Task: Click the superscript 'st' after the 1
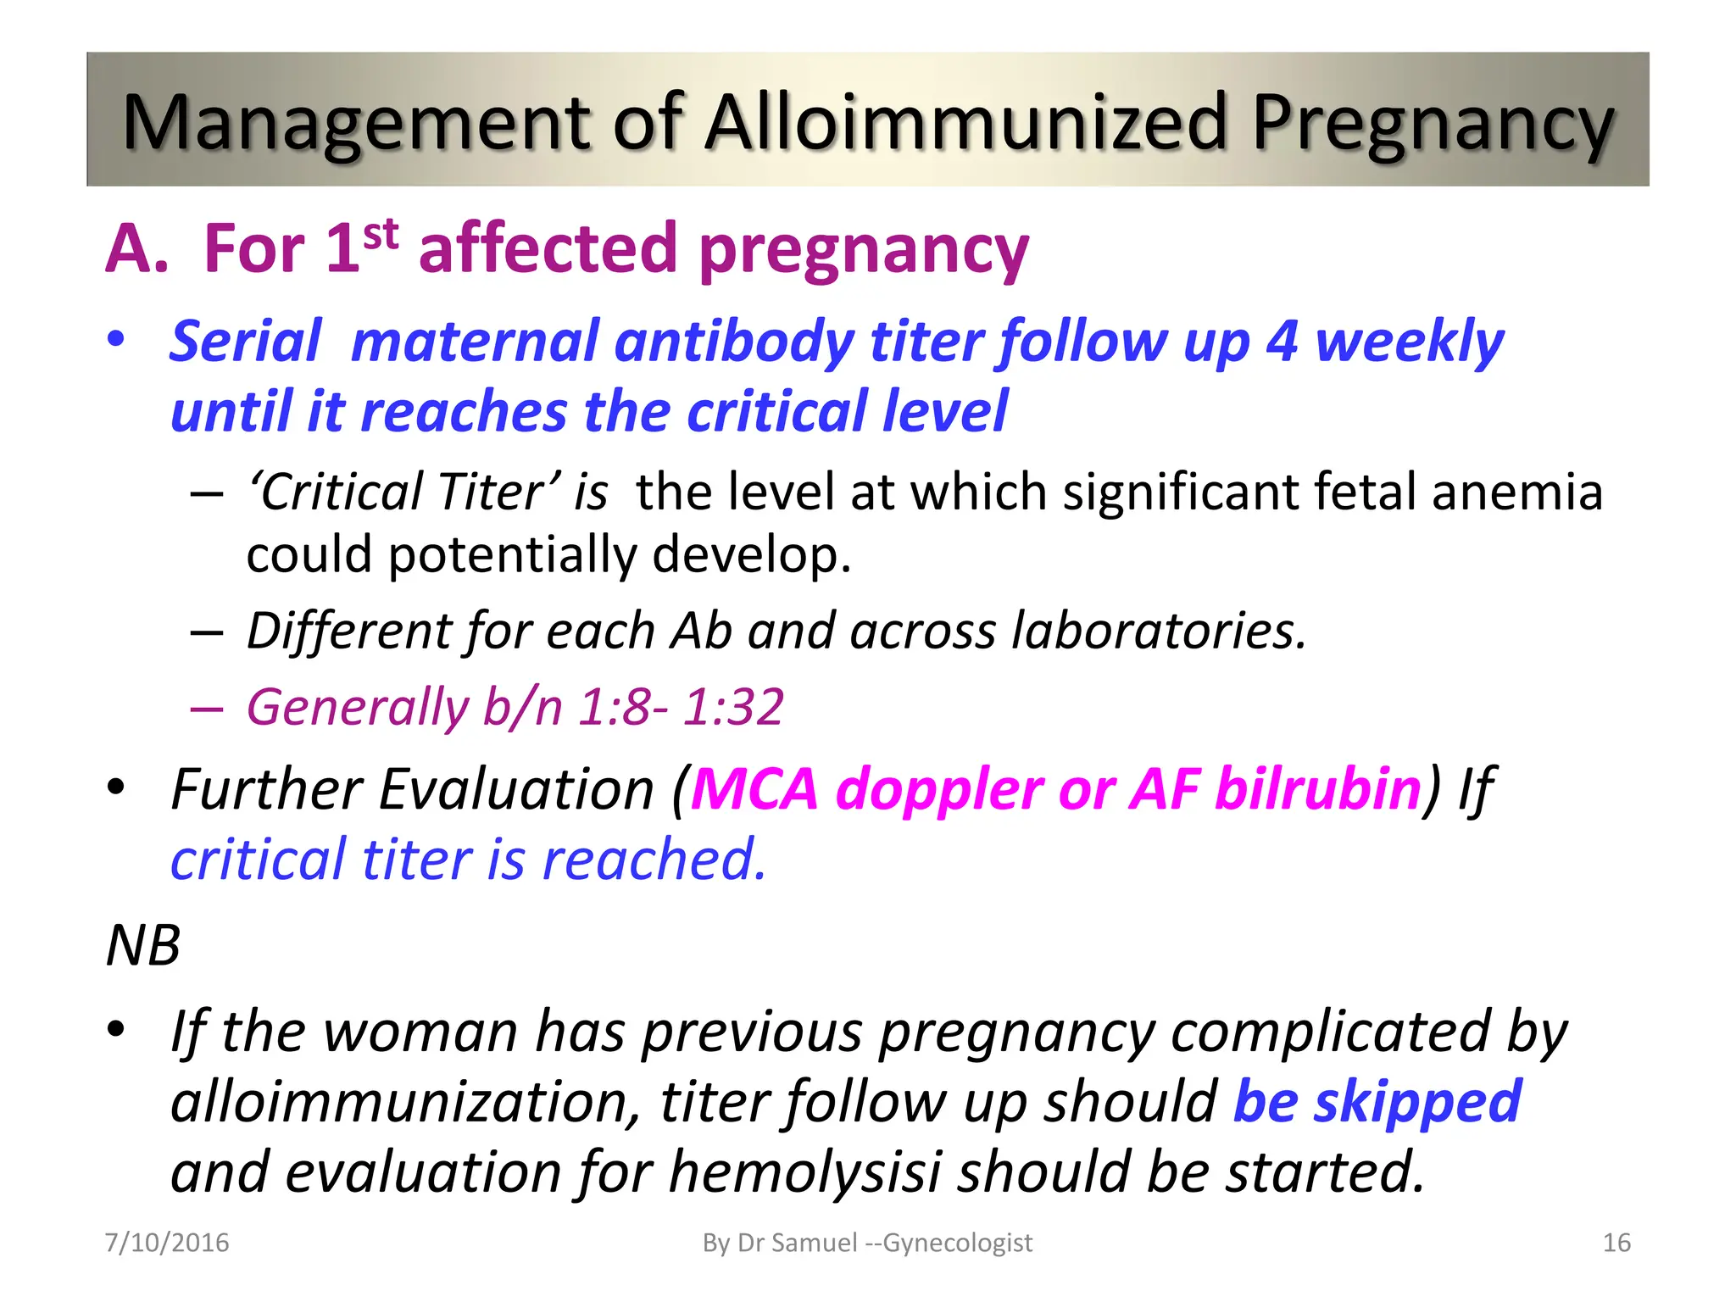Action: (x=381, y=234)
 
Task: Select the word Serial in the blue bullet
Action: (x=246, y=342)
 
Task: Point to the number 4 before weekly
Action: (x=1281, y=342)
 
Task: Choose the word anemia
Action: (x=1516, y=492)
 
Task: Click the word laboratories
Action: (x=1159, y=632)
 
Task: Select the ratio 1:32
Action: (x=733, y=707)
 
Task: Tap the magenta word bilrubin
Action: (x=1317, y=789)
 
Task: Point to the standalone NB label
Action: (x=143, y=945)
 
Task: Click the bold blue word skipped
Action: (x=1417, y=1102)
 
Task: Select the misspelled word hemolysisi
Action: (x=804, y=1172)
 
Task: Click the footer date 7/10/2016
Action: (x=167, y=1243)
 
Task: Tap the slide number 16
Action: (x=1616, y=1243)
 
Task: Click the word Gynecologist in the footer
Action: (x=958, y=1243)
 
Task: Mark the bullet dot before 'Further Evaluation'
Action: (x=116, y=787)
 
